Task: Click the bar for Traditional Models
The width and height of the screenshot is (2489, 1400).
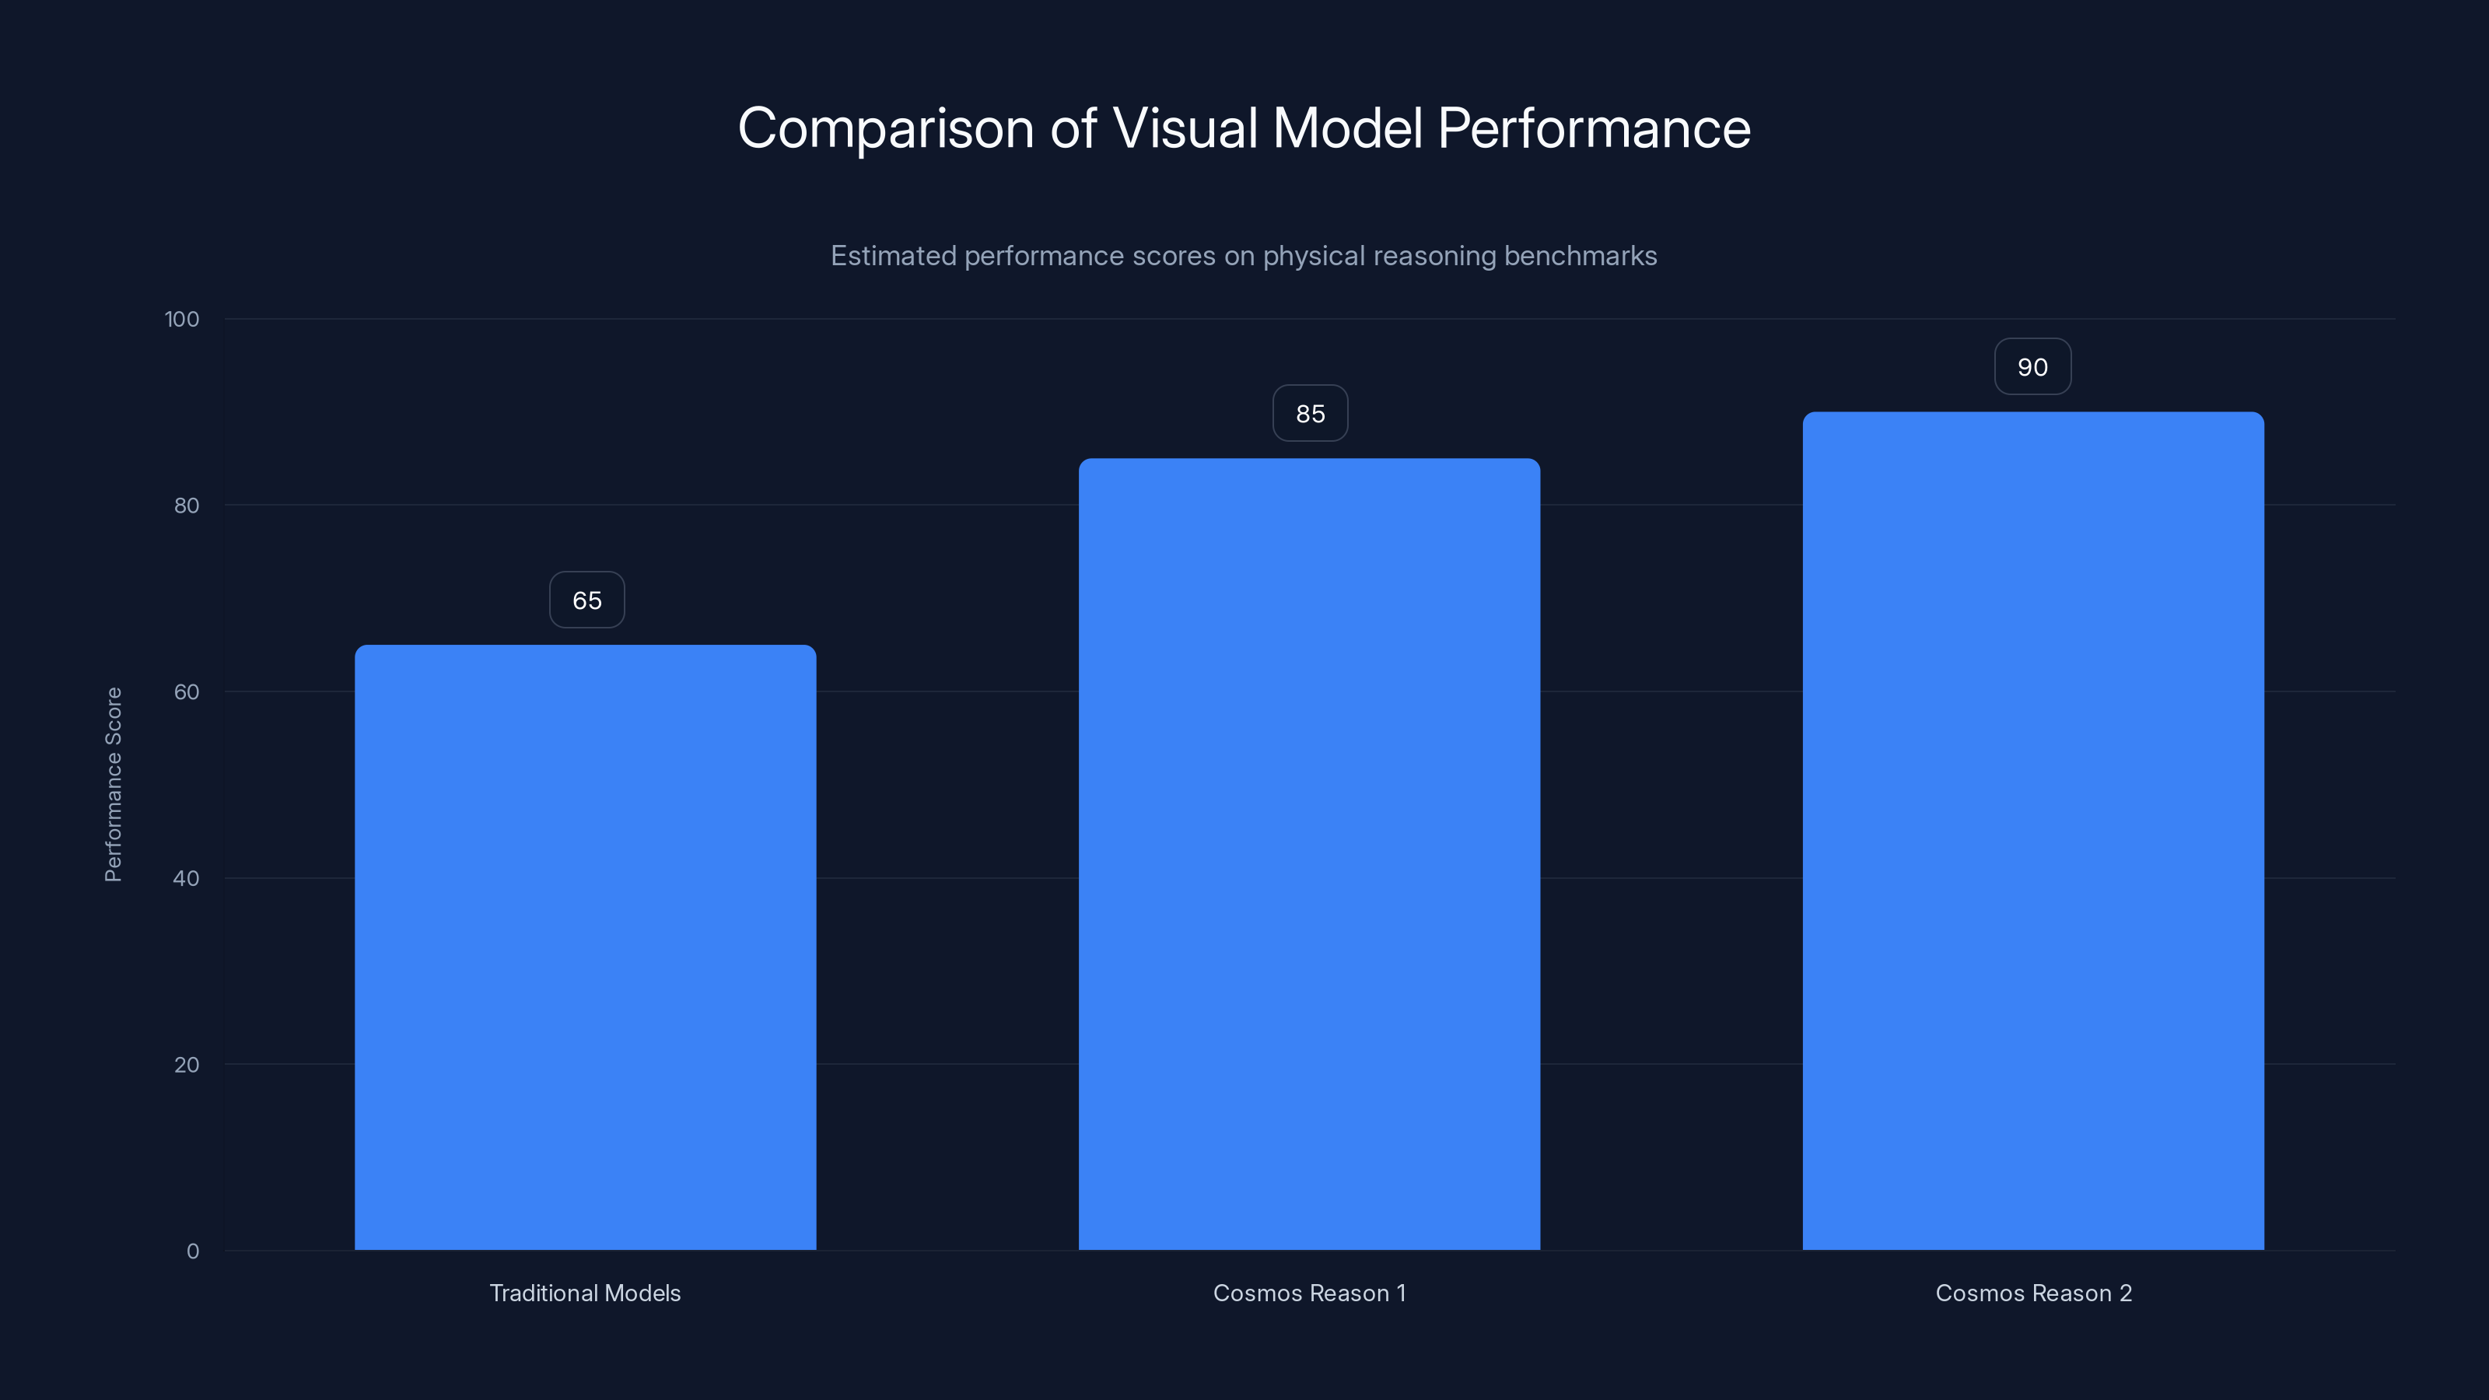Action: click(585, 947)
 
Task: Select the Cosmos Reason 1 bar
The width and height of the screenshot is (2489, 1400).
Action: click(1309, 854)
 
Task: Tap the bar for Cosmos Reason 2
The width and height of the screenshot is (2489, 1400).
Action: click(2033, 831)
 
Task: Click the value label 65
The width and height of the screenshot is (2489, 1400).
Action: click(586, 600)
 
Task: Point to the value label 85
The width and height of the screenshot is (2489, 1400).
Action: click(1310, 414)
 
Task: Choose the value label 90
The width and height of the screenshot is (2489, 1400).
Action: click(2033, 367)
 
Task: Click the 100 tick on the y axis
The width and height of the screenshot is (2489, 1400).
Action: click(182, 320)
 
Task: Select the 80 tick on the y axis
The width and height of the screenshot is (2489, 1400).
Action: click(187, 506)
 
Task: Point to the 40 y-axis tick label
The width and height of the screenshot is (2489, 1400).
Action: click(187, 879)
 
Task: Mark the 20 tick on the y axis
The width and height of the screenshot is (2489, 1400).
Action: click(187, 1066)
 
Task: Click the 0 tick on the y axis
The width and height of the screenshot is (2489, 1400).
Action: click(193, 1252)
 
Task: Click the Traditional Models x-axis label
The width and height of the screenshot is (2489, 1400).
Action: click(585, 1293)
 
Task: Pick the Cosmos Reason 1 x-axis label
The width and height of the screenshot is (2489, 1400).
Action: click(1309, 1293)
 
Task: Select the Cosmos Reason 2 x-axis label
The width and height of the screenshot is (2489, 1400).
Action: click(2033, 1293)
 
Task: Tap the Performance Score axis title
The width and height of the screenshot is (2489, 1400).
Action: click(113, 785)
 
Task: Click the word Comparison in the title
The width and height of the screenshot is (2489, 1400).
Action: click(886, 128)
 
